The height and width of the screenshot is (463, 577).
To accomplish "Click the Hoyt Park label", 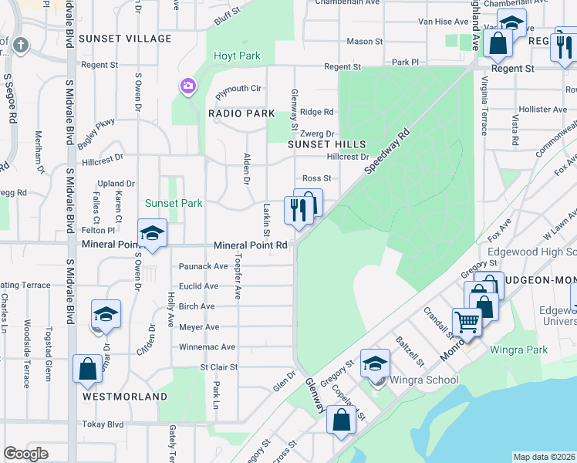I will tap(238, 56).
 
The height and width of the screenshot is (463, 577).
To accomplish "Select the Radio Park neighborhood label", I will tap(241, 113).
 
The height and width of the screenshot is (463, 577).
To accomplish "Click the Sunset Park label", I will tap(174, 203).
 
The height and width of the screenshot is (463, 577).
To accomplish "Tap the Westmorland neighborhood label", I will tap(124, 397).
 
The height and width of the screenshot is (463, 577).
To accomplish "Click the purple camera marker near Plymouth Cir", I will tap(187, 86).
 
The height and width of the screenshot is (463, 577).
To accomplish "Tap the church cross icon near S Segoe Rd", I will tap(20, 46).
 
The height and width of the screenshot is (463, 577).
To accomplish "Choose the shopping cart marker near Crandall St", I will tap(467, 322).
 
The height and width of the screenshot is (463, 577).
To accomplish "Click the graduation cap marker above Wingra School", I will tap(376, 363).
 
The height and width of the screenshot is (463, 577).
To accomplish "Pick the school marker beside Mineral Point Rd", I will tap(152, 234).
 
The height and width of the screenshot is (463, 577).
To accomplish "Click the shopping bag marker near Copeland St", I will tap(340, 421).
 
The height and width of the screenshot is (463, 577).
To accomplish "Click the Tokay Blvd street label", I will tap(103, 424).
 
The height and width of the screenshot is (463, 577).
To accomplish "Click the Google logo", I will tap(25, 454).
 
